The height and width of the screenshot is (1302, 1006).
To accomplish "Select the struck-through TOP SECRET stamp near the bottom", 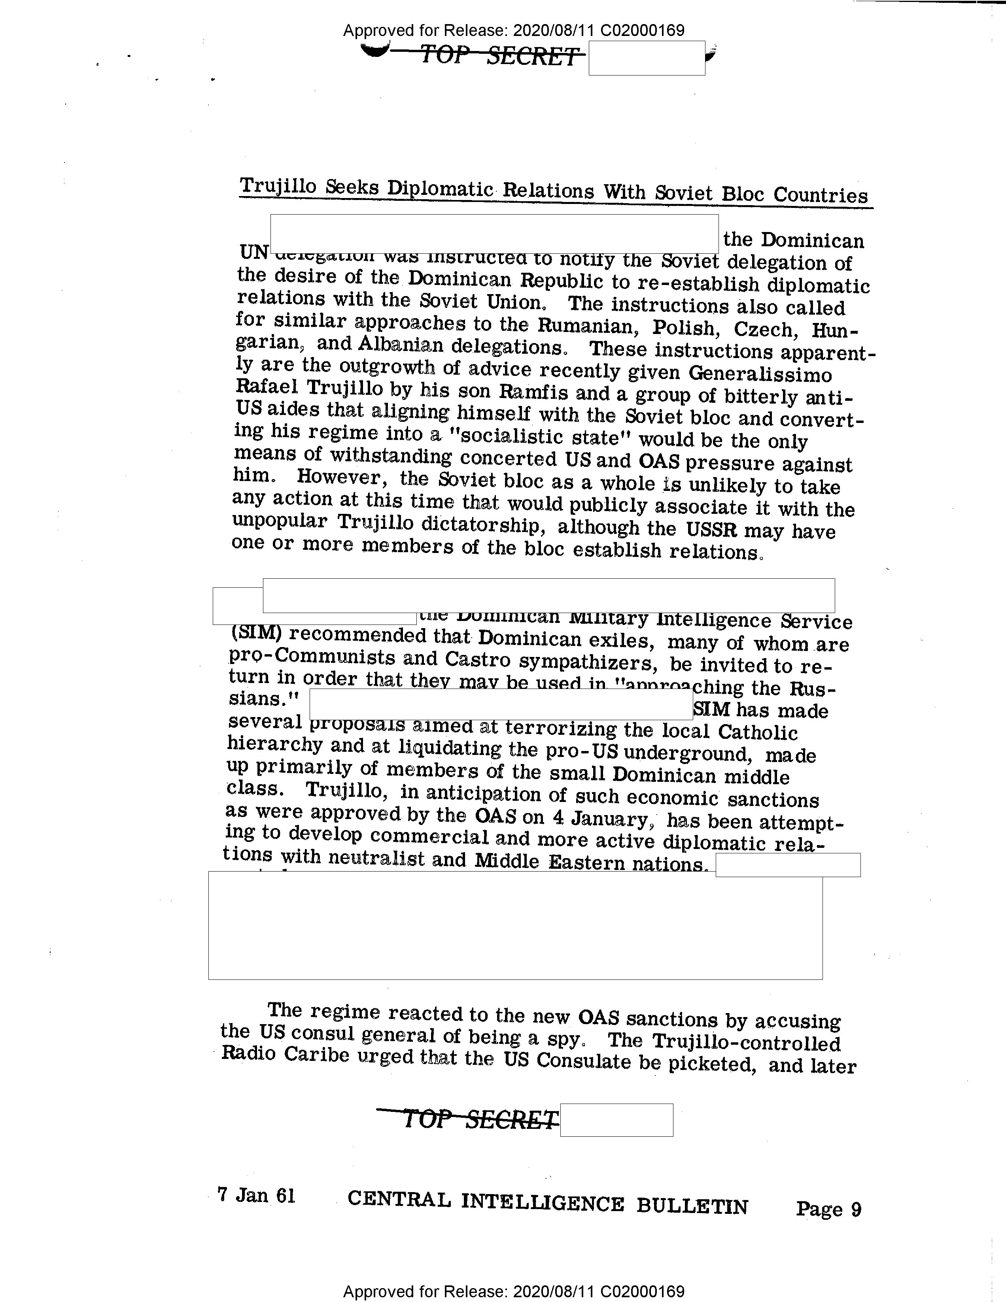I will click(x=480, y=1119).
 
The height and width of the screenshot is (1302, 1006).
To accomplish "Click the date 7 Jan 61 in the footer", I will click(x=256, y=1195).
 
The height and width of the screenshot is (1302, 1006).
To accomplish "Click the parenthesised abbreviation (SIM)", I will click(x=255, y=634).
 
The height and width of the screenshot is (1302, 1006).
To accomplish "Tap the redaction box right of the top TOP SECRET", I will click(x=647, y=58).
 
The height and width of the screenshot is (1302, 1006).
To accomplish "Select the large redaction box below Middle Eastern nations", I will click(x=515, y=925).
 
